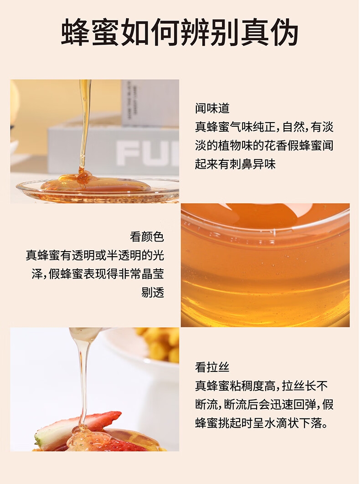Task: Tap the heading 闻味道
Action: coord(212,108)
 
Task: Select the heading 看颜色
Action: coord(147,237)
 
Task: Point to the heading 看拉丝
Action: coord(212,367)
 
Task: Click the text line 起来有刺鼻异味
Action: coord(235,164)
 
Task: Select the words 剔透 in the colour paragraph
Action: coord(153,292)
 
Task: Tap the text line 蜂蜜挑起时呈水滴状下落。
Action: coord(262,423)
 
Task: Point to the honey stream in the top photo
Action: coord(84,124)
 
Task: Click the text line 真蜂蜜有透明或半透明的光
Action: coord(95,255)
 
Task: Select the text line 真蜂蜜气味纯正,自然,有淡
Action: coord(264,127)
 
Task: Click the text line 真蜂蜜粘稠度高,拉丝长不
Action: coord(261,386)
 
